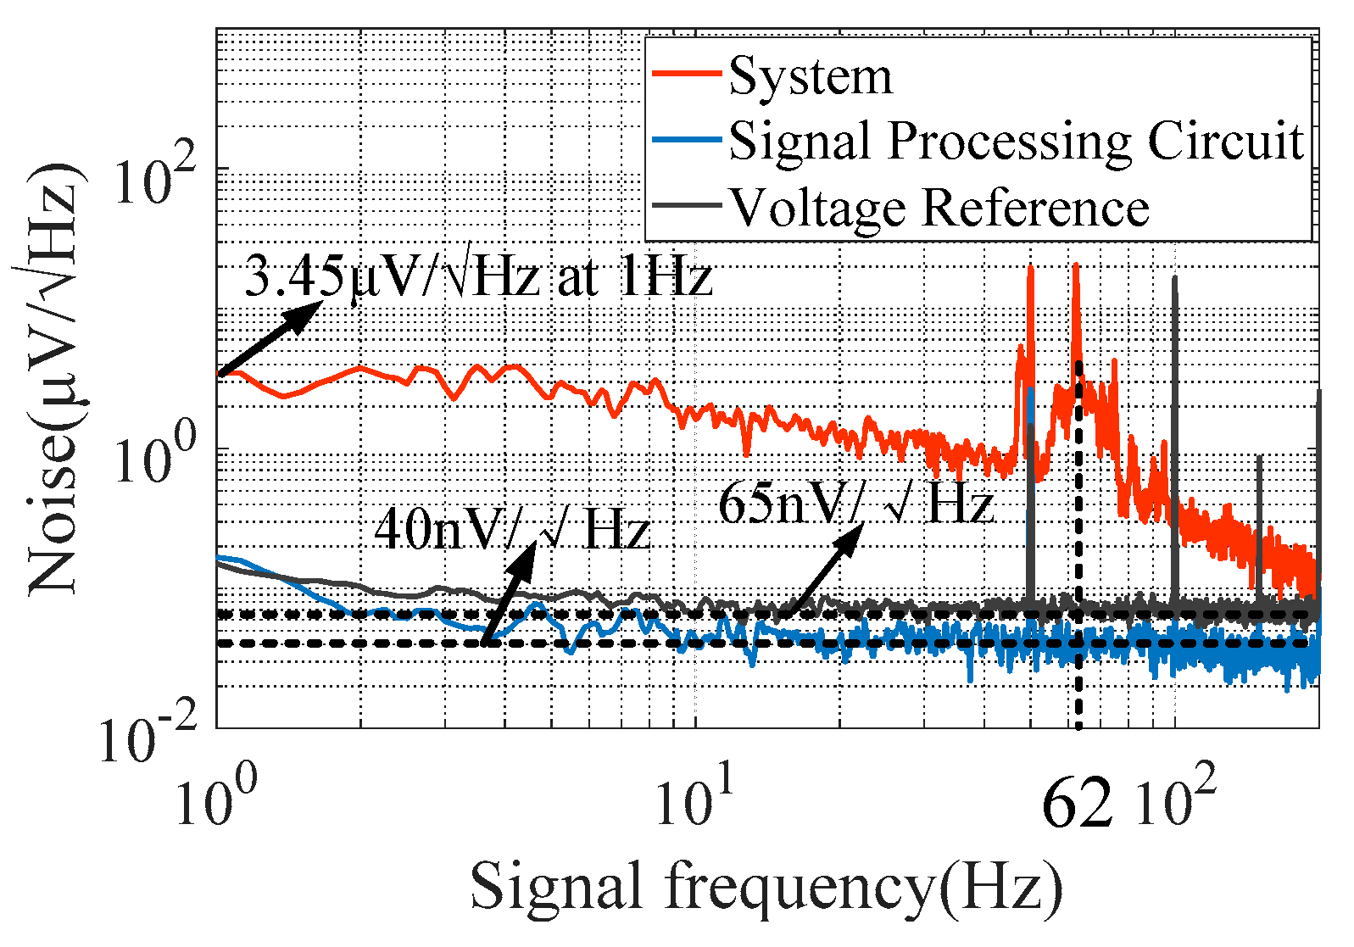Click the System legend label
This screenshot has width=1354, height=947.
[x=810, y=76]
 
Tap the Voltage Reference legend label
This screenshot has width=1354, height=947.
[x=939, y=207]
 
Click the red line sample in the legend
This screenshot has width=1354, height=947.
[x=687, y=75]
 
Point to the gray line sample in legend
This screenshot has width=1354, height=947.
[x=687, y=206]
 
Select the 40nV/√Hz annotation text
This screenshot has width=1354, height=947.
[x=512, y=530]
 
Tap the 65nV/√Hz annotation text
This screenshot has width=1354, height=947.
[x=855, y=505]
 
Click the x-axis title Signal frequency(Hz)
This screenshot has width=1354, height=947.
[x=766, y=887]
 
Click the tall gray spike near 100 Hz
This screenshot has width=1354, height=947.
[x=1174, y=424]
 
